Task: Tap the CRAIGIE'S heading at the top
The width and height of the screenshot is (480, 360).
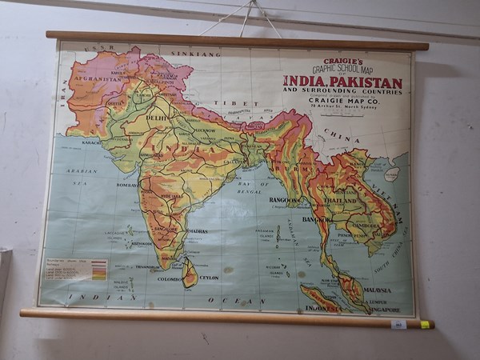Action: pyautogui.click(x=343, y=61)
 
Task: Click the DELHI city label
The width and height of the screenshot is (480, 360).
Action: pyautogui.click(x=156, y=118)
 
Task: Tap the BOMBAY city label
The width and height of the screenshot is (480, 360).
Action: pyautogui.click(x=126, y=185)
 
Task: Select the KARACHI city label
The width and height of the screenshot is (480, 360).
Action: pyautogui.click(x=90, y=142)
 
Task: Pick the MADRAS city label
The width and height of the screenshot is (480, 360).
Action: pyautogui.click(x=197, y=230)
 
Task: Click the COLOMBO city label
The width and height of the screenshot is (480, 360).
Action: pyautogui.click(x=170, y=279)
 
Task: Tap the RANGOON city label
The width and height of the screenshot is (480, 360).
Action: pyautogui.click(x=284, y=200)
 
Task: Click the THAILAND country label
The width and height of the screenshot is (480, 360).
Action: pyautogui.click(x=340, y=201)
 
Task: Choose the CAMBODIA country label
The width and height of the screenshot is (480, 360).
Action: pyautogui.click(x=366, y=226)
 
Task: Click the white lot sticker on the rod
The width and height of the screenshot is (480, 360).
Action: pyautogui.click(x=398, y=324)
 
